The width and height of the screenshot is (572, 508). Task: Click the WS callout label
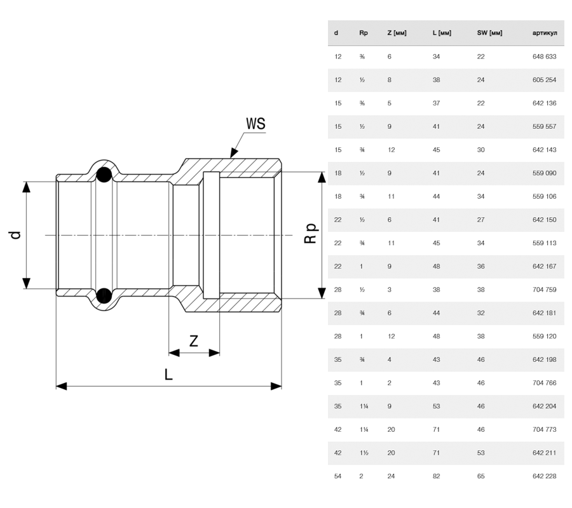pos(255,124)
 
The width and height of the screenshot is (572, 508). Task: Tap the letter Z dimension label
pos(194,341)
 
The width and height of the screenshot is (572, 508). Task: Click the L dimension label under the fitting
pos(168,374)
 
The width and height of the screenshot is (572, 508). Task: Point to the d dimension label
pos(15,235)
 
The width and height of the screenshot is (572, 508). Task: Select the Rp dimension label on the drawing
pos(311,233)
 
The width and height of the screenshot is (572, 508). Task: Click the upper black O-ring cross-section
pos(104,175)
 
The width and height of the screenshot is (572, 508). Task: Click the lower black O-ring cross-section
pos(104,295)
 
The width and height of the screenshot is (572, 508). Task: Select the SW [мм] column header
pos(489,33)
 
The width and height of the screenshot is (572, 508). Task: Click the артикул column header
pos(545,33)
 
